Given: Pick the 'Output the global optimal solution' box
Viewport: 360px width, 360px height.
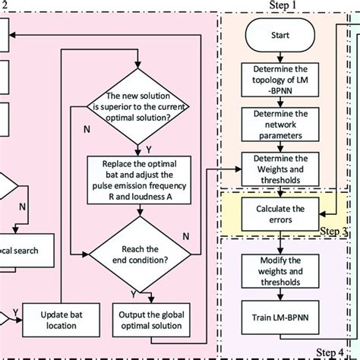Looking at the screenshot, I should [x=149, y=314].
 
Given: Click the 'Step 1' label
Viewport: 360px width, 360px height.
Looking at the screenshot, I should [x=285, y=5].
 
